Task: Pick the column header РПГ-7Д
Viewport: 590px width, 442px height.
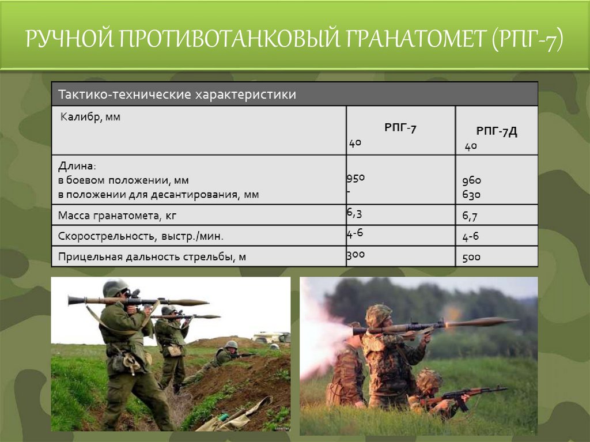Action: (x=496, y=132)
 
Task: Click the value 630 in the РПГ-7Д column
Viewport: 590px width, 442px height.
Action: (x=471, y=195)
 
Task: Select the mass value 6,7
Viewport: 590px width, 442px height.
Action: (x=470, y=217)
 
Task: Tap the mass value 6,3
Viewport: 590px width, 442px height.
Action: (x=354, y=213)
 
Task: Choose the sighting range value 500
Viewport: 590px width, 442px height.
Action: (x=471, y=257)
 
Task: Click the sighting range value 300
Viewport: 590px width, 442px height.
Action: (x=355, y=254)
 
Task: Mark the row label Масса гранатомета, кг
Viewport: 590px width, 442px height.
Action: (x=116, y=216)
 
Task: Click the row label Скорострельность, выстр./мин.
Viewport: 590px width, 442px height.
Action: (x=140, y=236)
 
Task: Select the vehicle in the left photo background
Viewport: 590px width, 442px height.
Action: (x=271, y=337)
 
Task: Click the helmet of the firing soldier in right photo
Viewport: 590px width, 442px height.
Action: (x=379, y=314)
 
